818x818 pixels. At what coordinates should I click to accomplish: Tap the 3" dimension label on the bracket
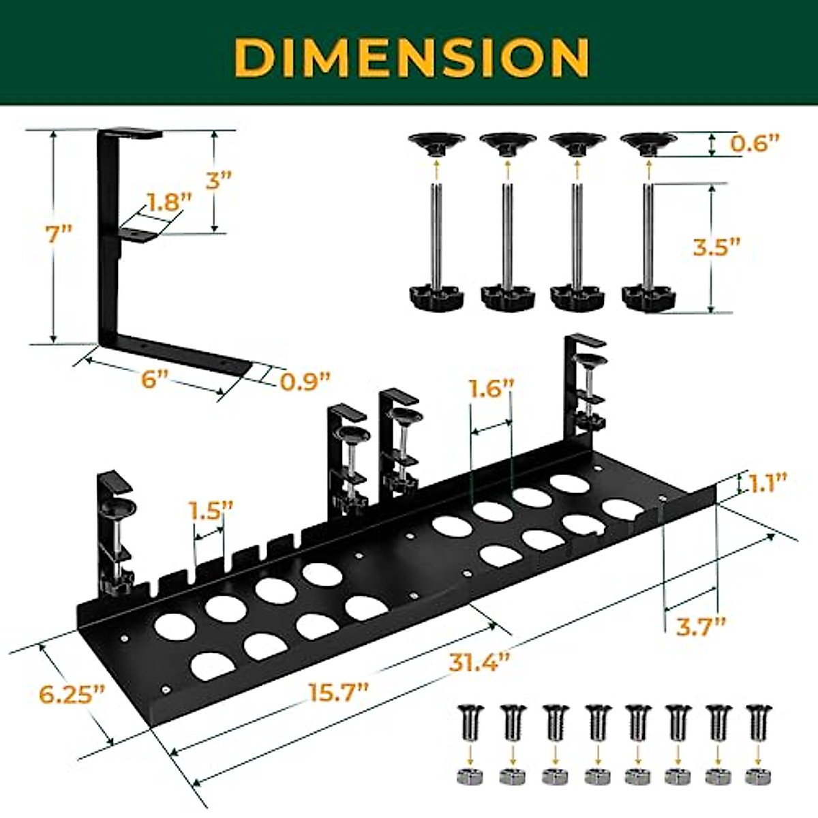point(219,180)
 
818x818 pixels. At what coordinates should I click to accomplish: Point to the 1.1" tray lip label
point(768,483)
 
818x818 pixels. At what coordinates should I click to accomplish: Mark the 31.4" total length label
point(479,661)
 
